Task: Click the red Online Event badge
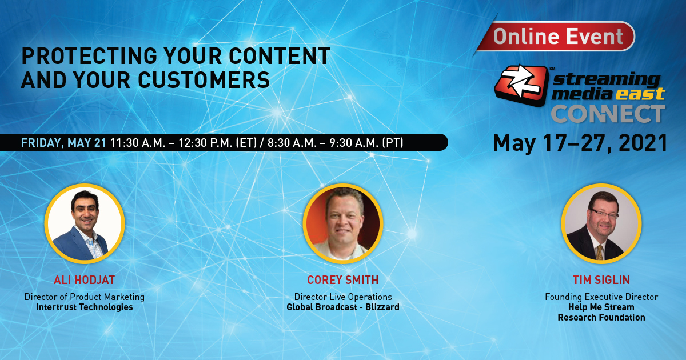[x=558, y=37]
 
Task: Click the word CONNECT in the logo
[x=607, y=114]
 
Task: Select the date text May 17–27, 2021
[x=580, y=142]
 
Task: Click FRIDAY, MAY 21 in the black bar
[x=63, y=142]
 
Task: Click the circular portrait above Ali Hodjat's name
[x=85, y=223]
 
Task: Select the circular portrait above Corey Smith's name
[x=343, y=223]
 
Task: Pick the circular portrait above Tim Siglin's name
[x=601, y=223]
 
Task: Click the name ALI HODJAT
[x=84, y=280]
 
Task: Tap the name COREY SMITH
[x=342, y=280]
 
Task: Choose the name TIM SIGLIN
[x=601, y=280]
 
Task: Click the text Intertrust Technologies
[x=84, y=307]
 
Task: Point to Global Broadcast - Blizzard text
[x=342, y=307]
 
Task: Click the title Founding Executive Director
[x=601, y=297]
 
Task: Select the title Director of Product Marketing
[x=84, y=297]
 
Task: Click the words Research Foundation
[x=601, y=318]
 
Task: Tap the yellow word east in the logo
[x=640, y=94]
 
